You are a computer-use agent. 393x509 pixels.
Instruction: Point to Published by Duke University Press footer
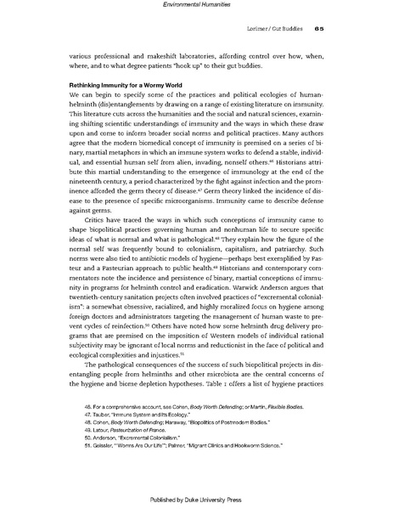pyautogui.click(x=197, y=497)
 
